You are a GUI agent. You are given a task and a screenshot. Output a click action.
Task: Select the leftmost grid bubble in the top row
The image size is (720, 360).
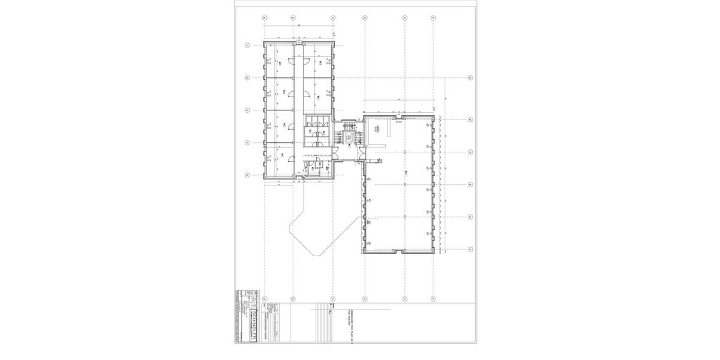(265, 18)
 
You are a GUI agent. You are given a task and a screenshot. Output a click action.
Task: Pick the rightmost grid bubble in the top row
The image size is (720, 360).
(433, 18)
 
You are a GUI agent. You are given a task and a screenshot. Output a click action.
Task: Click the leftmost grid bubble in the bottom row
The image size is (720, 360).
(265, 298)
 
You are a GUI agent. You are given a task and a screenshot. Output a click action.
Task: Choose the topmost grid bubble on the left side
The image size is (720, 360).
(247, 45)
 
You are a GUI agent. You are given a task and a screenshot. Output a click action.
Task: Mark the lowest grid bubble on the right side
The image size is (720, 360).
(470, 249)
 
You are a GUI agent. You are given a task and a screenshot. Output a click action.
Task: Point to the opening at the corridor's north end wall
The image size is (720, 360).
(298, 43)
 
